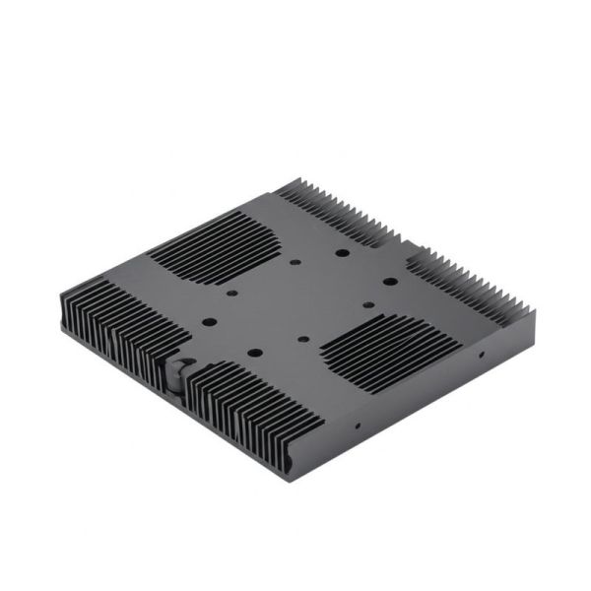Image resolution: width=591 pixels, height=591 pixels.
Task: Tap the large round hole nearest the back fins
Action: (341, 252)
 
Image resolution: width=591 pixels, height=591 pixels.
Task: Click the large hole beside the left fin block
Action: (209, 321)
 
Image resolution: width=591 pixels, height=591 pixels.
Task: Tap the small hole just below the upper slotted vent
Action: (231, 293)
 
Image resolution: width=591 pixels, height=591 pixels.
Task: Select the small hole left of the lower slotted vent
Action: (301, 341)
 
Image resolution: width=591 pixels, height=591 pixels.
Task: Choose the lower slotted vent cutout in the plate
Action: (387, 347)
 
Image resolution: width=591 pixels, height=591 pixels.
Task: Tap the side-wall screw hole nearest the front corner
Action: (357, 427)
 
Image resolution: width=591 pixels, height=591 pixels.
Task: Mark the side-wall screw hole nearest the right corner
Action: (480, 352)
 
